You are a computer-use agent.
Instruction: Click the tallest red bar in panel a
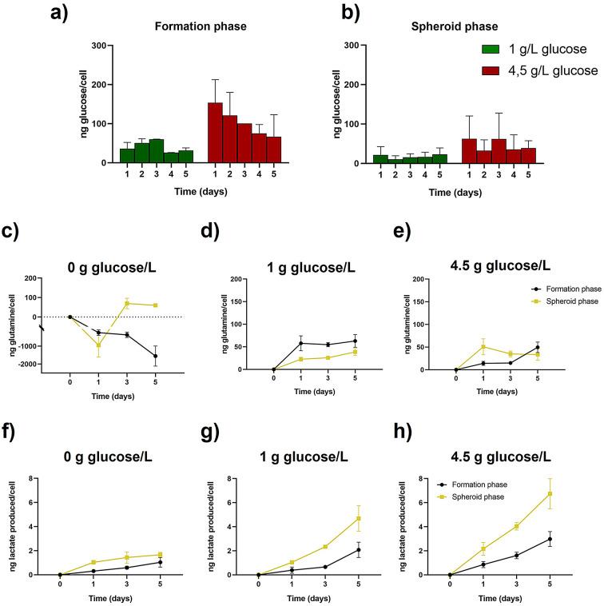point(214,133)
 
